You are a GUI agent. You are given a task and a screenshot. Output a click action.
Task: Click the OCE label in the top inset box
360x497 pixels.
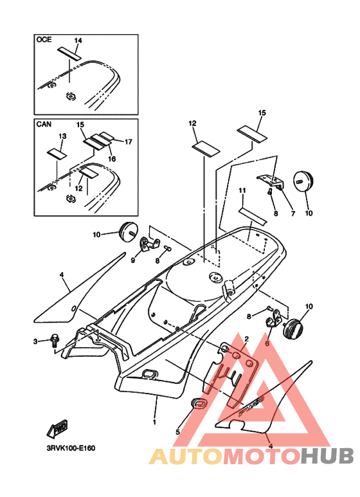point(44,40)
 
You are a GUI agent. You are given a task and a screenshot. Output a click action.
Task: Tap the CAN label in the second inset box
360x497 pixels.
point(44,124)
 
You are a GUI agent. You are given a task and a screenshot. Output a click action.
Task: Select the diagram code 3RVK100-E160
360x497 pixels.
point(71,448)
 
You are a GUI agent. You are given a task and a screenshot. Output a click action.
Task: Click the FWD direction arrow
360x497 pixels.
point(57,429)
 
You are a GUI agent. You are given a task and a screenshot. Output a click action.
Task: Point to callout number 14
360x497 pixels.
point(78,41)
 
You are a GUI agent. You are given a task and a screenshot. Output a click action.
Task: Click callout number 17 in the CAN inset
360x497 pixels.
point(128,141)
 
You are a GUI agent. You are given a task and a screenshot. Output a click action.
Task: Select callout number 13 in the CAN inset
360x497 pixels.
point(62,136)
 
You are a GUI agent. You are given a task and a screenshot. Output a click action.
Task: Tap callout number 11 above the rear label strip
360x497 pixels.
point(242,190)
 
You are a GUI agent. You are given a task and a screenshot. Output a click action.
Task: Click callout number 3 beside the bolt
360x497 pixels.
point(35,341)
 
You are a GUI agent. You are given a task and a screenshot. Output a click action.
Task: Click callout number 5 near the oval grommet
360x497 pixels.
point(178,432)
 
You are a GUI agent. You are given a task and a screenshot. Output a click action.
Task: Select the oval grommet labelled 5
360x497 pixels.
point(199,403)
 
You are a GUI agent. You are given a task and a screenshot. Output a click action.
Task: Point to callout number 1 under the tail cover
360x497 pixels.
point(155,422)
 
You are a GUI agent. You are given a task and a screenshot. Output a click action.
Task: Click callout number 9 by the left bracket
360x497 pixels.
point(133,260)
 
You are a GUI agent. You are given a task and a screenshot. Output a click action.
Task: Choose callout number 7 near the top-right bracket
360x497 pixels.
point(293,213)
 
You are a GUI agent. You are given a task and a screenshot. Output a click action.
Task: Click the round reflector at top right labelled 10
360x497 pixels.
point(303,181)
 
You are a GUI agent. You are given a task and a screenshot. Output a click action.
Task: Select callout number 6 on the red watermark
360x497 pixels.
point(267,343)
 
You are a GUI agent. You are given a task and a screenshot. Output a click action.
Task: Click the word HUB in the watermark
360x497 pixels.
point(327,457)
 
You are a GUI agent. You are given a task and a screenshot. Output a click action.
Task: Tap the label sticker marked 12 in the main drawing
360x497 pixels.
point(206,149)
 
